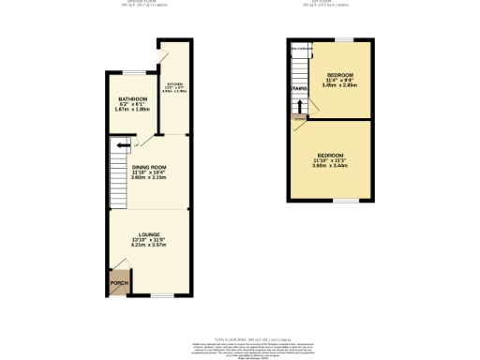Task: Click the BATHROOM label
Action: click(133, 99)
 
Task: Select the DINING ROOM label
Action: click(148, 167)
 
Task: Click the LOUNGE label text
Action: click(149, 234)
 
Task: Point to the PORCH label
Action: click(118, 282)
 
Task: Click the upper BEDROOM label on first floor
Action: click(340, 74)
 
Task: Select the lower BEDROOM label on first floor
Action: click(330, 155)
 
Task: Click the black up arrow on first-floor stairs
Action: click(299, 105)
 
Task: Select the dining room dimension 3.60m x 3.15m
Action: click(148, 177)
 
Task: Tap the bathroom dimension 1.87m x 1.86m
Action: click(133, 110)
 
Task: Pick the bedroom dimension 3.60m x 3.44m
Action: click(330, 166)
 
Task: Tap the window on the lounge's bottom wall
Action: click(160, 296)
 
